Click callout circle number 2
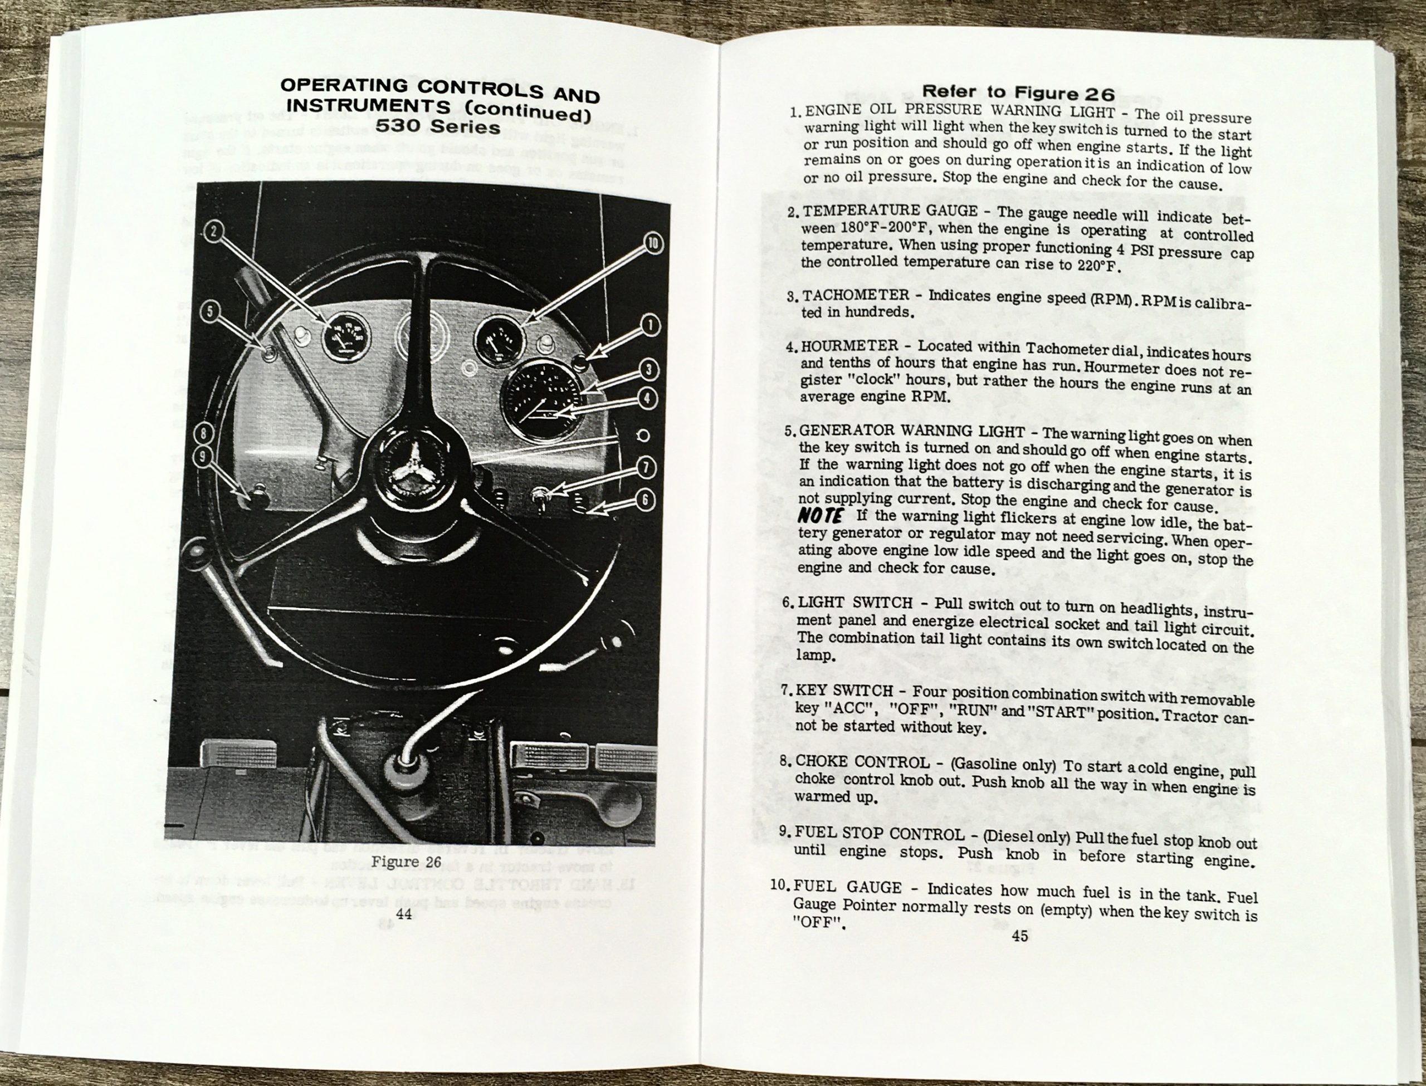pos(214,231)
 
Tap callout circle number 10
pos(653,244)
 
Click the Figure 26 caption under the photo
pos(406,862)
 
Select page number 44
pos(404,913)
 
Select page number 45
pos(1019,936)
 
